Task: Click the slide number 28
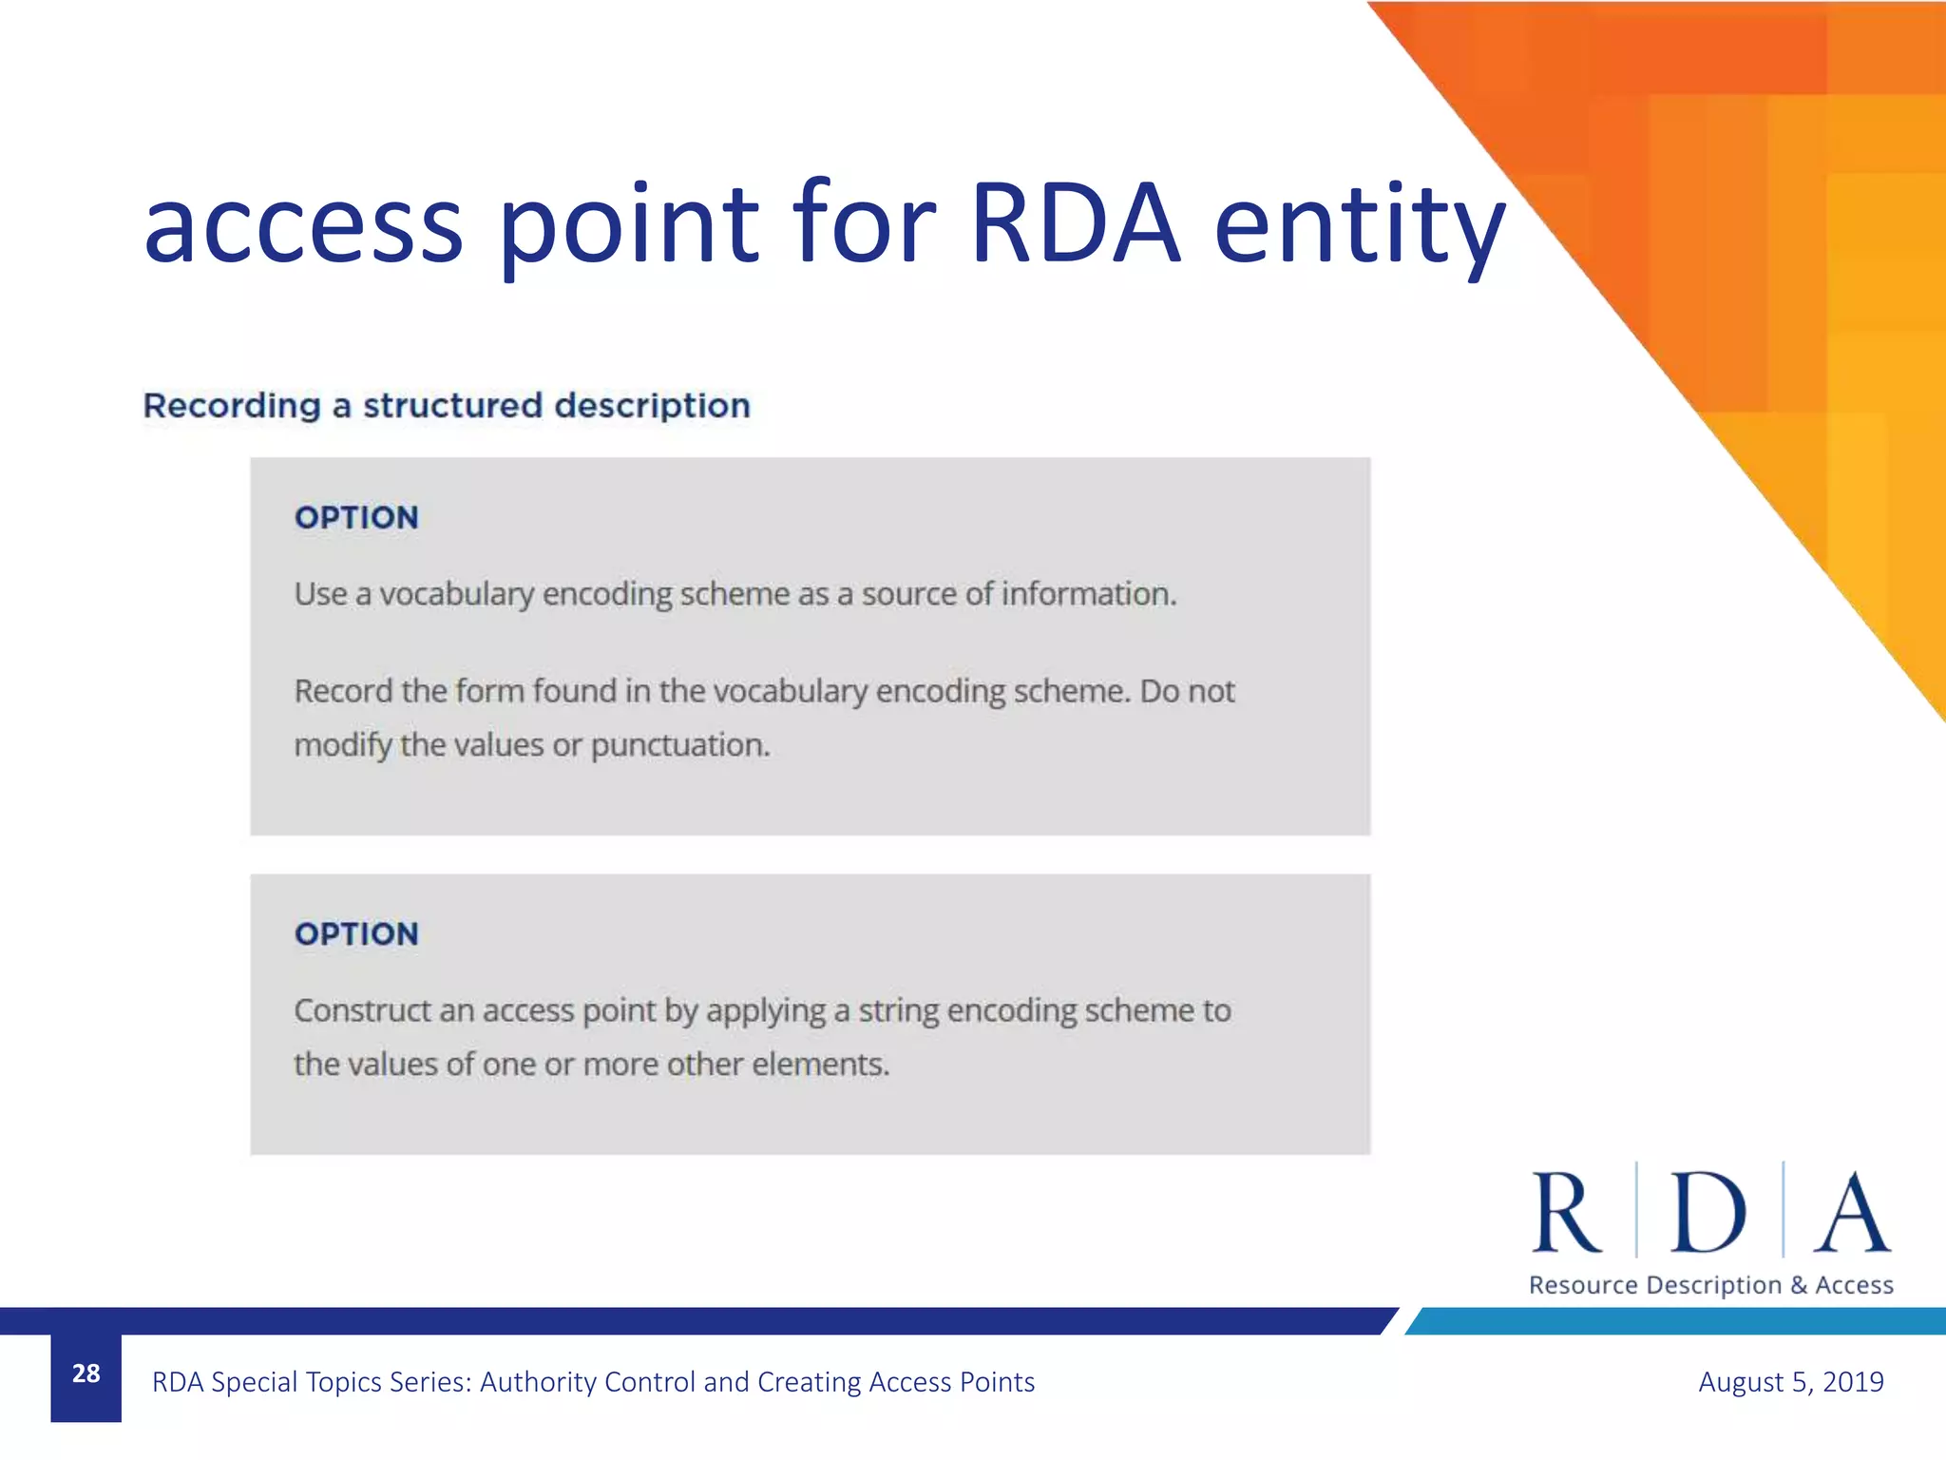pyautogui.click(x=86, y=1374)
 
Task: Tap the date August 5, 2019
pyautogui.click(x=1790, y=1381)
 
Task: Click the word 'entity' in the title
pyautogui.click(x=1359, y=226)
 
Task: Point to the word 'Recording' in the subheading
pyautogui.click(x=232, y=406)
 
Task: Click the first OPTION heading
pyautogui.click(x=356, y=518)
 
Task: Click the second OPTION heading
pyautogui.click(x=356, y=934)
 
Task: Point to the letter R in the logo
pyautogui.click(x=1567, y=1214)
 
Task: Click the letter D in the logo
pyautogui.click(x=1708, y=1214)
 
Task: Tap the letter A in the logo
pyautogui.click(x=1852, y=1214)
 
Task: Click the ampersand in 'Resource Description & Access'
pyautogui.click(x=1798, y=1286)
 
